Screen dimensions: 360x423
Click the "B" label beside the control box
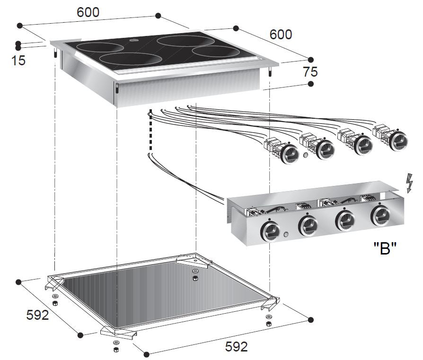[x=385, y=248]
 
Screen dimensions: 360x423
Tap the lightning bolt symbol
[x=409, y=183]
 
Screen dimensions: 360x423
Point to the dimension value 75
[x=310, y=72]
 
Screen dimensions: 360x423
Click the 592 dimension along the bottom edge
[x=236, y=347]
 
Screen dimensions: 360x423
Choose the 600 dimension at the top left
[x=88, y=13]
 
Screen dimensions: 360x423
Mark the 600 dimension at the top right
[x=281, y=35]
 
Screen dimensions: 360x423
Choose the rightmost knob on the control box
[x=381, y=216]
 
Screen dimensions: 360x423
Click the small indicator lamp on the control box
[x=286, y=235]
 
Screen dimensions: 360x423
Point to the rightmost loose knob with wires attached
[x=396, y=138]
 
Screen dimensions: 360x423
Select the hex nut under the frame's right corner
[x=269, y=324]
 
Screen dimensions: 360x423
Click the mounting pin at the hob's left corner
[x=55, y=54]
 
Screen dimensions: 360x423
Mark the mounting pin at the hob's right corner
[x=270, y=74]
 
